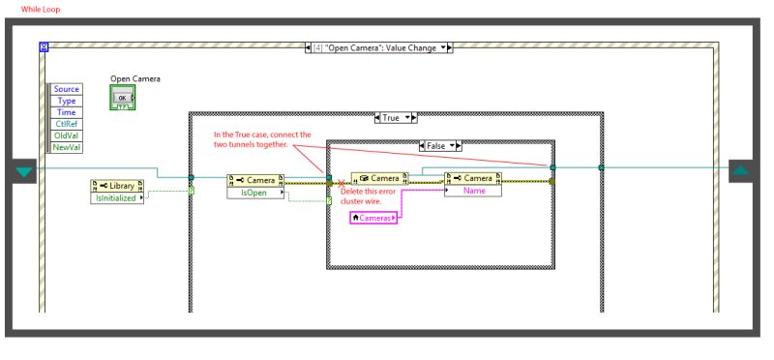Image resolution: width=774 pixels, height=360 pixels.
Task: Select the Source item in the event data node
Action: pyautogui.click(x=66, y=89)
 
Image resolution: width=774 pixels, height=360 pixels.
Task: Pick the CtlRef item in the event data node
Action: pyautogui.click(x=66, y=124)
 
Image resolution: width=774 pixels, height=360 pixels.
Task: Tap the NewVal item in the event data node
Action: pyautogui.click(x=66, y=147)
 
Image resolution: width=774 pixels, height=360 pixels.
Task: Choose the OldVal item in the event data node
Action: pyautogui.click(x=66, y=135)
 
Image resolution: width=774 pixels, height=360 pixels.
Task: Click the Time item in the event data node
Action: pyautogui.click(x=66, y=112)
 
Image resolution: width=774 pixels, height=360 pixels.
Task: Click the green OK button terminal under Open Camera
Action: pyautogui.click(x=123, y=98)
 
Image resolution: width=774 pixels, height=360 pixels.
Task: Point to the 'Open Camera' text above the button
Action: pyautogui.click(x=135, y=79)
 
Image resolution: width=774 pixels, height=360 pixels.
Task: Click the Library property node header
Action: pyautogui.click(x=118, y=185)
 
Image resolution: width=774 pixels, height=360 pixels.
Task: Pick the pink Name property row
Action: pyautogui.click(x=474, y=191)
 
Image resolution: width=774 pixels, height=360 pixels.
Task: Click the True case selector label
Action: pyautogui.click(x=392, y=117)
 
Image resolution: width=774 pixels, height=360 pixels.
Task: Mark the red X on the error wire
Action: pyautogui.click(x=341, y=182)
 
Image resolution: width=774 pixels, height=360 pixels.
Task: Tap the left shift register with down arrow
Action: pyautogui.click(x=24, y=171)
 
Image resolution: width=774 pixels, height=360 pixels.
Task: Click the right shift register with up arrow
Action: pyautogui.click(x=740, y=171)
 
